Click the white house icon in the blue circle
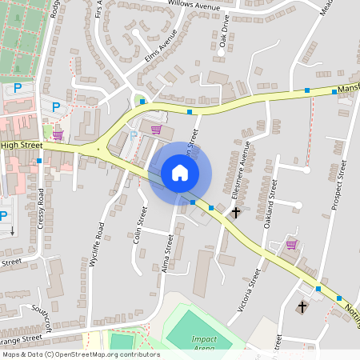coord(180,173)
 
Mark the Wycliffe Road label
coord(100,244)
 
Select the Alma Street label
coord(168,254)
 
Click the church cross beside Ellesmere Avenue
coord(235,213)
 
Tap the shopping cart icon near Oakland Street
coord(292,245)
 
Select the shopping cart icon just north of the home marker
coord(156,130)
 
